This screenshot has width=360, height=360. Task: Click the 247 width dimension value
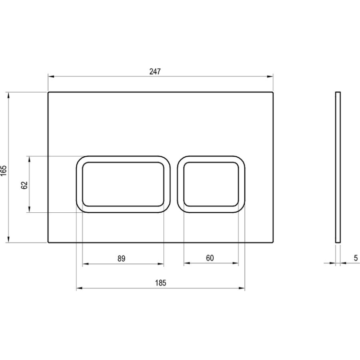pyautogui.click(x=155, y=71)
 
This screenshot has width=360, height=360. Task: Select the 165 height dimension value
pyautogui.click(x=4, y=170)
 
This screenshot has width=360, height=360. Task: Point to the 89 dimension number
pyautogui.click(x=121, y=258)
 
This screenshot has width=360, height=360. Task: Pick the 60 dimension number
pyautogui.click(x=210, y=258)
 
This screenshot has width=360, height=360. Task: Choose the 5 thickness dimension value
pyautogui.click(x=356, y=258)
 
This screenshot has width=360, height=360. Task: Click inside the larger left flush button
pyautogui.click(x=123, y=184)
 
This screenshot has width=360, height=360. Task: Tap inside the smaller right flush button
pyautogui.click(x=211, y=184)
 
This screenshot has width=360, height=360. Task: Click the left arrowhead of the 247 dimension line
pyautogui.click(x=50, y=76)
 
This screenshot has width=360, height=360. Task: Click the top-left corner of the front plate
pyautogui.click(x=49, y=92)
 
